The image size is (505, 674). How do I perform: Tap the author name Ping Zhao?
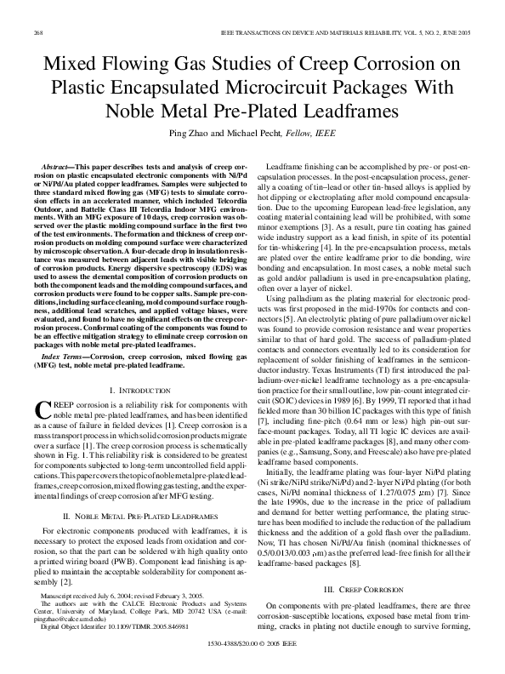(209, 133)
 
